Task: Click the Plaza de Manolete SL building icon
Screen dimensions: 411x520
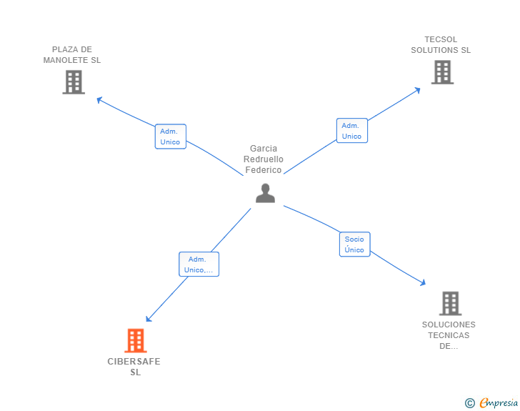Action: click(x=74, y=82)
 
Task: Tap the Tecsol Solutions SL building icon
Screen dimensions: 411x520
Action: click(x=442, y=72)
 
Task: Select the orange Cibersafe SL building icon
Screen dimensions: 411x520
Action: click(x=135, y=341)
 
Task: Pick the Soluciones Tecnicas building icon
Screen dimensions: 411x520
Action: click(x=450, y=303)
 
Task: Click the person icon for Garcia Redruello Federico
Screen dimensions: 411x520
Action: click(x=265, y=193)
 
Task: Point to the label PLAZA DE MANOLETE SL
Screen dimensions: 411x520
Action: click(x=72, y=55)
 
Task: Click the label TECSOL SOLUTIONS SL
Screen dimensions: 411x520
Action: click(x=441, y=45)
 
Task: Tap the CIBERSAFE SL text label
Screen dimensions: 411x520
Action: click(x=134, y=367)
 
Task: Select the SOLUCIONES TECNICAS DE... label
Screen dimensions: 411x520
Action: click(x=449, y=335)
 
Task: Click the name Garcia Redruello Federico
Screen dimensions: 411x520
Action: click(x=264, y=159)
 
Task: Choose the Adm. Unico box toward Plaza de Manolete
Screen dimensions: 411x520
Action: click(x=170, y=137)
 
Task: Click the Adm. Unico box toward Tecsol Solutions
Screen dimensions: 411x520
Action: click(x=351, y=131)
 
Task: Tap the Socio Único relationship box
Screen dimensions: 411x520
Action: click(x=354, y=244)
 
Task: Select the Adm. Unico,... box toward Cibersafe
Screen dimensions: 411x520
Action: click(x=199, y=264)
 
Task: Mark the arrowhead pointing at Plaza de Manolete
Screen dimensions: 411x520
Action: click(x=99, y=99)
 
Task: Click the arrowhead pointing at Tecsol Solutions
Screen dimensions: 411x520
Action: click(x=418, y=89)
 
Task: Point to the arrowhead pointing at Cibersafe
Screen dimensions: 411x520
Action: click(x=148, y=320)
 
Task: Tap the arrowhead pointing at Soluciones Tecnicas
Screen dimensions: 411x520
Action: click(x=423, y=284)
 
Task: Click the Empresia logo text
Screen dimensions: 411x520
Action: click(x=499, y=403)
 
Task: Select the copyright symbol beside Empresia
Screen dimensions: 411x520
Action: click(x=469, y=403)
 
